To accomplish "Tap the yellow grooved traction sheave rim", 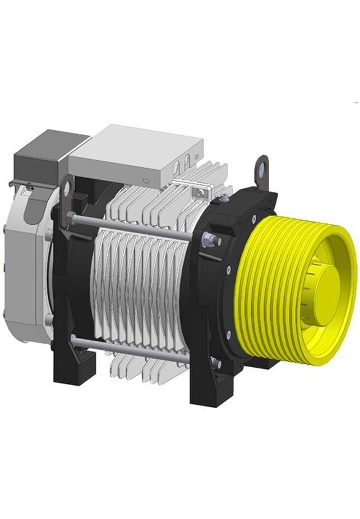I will point(264,291).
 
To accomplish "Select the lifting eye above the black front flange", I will point(261,168).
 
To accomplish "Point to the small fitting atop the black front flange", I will point(225,197).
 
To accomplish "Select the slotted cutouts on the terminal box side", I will point(185,163).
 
